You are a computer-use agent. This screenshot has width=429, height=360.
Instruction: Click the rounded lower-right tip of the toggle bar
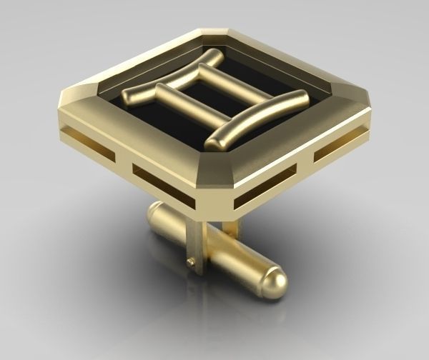275,283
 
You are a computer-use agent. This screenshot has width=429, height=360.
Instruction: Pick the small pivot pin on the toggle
190,263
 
